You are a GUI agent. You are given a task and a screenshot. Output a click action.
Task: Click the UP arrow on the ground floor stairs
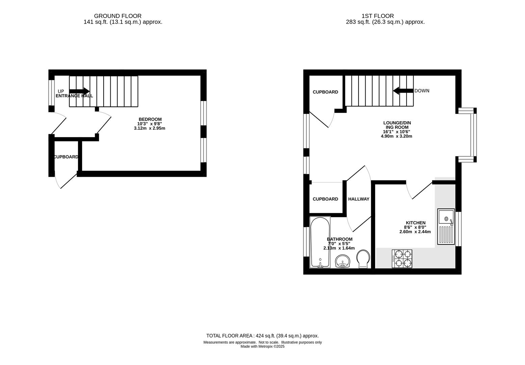tap(79, 91)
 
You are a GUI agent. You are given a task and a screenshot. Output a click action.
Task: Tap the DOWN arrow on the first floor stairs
tap(403, 91)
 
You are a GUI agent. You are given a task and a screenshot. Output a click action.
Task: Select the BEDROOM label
tap(150, 119)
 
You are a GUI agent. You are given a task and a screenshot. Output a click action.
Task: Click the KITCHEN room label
tap(416, 223)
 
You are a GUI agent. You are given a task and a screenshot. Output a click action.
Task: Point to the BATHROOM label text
tap(340, 239)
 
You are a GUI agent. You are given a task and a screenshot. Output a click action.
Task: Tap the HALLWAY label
tap(359, 199)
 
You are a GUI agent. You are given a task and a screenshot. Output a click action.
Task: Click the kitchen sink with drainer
tap(446, 226)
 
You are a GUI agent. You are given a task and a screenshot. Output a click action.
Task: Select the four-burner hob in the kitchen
tap(402, 259)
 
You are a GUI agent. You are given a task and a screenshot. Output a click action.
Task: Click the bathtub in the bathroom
tap(320, 242)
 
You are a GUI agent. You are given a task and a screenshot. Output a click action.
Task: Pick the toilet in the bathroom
tap(363, 259)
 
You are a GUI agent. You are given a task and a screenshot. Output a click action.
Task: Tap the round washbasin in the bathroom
tap(343, 261)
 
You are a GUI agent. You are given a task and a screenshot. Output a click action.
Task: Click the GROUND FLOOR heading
tap(117, 16)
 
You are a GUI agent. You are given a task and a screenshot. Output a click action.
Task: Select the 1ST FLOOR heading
tap(377, 16)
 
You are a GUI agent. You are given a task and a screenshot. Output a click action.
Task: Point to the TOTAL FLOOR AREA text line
tap(263, 336)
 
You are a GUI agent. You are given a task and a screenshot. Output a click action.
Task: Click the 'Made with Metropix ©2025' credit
tap(263, 346)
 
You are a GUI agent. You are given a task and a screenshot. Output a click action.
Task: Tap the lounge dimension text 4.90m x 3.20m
tap(396, 136)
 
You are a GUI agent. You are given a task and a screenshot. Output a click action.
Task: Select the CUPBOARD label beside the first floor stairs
tap(325, 92)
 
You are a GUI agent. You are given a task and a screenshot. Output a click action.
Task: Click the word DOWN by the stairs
tap(422, 91)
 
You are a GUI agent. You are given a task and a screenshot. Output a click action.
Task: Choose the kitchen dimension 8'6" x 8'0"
tap(415, 227)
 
